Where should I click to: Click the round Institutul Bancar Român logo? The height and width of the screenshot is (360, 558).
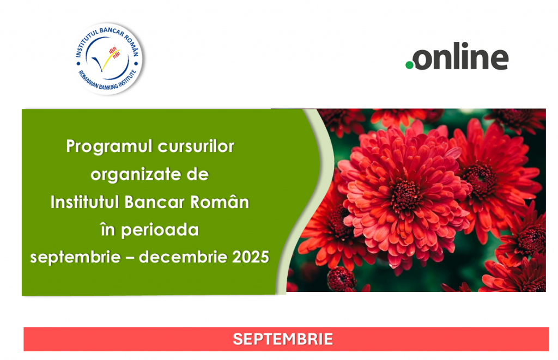[x=108, y=59]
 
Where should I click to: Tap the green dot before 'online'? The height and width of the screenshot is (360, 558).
[x=410, y=65]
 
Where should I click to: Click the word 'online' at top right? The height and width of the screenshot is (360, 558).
[x=461, y=56]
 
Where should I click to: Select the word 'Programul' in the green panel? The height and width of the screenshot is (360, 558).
[x=109, y=147]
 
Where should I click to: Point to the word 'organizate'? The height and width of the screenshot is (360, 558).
[x=136, y=175]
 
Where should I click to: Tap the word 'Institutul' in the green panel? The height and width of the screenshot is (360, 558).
[x=84, y=202]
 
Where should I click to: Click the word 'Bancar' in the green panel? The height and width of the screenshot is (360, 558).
[x=154, y=202]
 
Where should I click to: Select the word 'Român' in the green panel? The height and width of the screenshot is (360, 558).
[x=220, y=202]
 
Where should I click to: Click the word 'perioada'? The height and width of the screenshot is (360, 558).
[x=160, y=230]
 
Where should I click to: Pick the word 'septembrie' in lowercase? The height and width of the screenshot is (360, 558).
[x=75, y=257]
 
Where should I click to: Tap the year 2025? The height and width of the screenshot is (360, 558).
[x=251, y=257]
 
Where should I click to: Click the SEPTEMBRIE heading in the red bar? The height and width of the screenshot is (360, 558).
[x=283, y=339]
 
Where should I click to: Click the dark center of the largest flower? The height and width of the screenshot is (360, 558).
[x=405, y=194]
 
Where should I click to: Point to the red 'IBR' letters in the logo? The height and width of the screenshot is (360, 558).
[x=113, y=50]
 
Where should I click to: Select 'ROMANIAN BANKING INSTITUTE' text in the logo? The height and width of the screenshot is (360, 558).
[x=107, y=81]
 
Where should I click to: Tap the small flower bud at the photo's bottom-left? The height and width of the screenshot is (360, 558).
[x=341, y=279]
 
